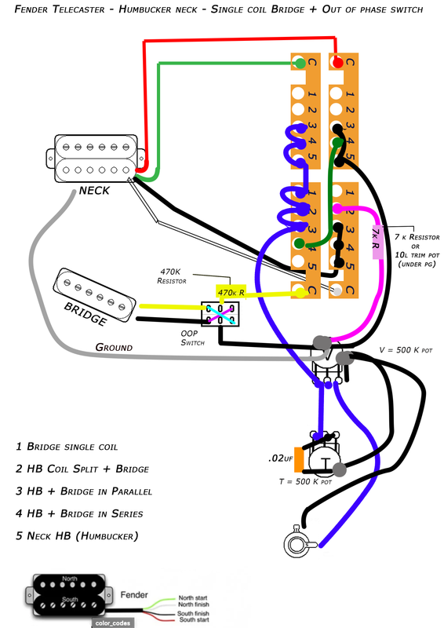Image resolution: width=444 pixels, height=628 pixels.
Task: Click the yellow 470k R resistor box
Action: pos(231,292)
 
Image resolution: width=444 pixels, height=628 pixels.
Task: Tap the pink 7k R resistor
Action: pos(377,243)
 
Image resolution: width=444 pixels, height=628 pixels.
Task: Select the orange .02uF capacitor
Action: pos(299,459)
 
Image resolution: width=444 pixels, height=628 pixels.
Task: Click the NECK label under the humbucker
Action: pos(94,191)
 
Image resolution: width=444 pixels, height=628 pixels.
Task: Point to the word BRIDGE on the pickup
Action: pos(86,314)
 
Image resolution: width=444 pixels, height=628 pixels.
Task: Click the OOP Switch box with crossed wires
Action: pos(220,314)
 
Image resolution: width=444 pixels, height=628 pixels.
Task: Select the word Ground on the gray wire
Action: pos(114,347)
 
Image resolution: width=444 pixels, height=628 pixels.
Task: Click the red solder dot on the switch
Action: pos(338,63)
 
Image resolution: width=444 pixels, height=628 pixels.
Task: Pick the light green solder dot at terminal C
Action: pos(299,63)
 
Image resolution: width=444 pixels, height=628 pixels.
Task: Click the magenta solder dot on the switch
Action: pos(337,208)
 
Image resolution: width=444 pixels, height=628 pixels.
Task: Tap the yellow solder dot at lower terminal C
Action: pos(300,293)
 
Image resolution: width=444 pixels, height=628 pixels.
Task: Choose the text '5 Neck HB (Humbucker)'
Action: pos(77,536)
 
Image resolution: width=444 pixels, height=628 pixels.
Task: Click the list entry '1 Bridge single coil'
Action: pos(67,447)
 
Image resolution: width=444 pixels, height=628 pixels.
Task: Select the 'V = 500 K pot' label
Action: pos(406,350)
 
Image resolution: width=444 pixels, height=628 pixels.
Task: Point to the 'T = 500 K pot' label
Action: pos(305,481)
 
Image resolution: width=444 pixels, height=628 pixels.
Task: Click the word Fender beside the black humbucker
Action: pos(134,595)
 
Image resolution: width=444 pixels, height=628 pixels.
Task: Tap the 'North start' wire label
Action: pos(194,597)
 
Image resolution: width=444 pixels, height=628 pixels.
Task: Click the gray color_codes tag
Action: pos(113,623)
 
